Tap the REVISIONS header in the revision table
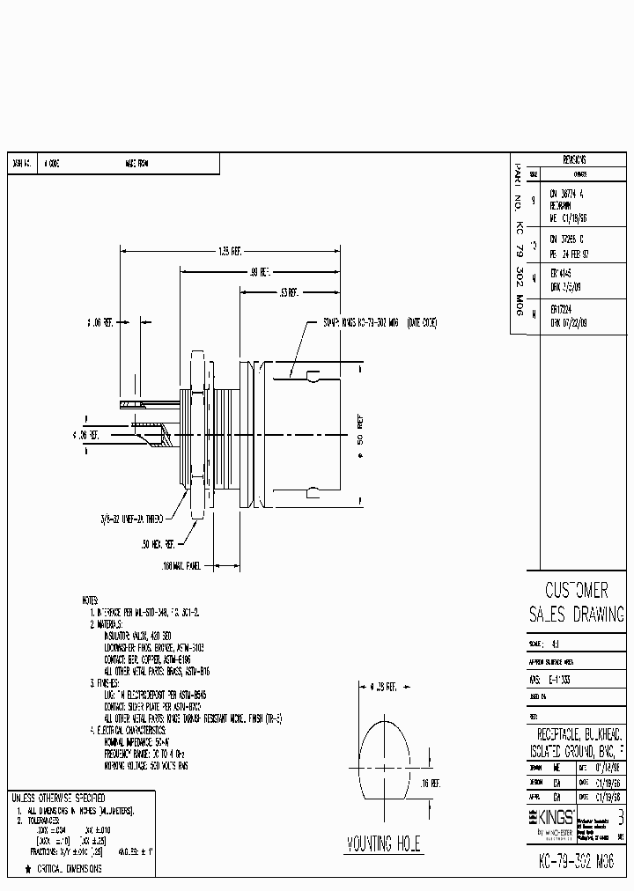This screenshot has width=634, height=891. tap(574, 160)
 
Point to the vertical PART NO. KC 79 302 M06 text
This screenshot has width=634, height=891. tap(519, 244)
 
